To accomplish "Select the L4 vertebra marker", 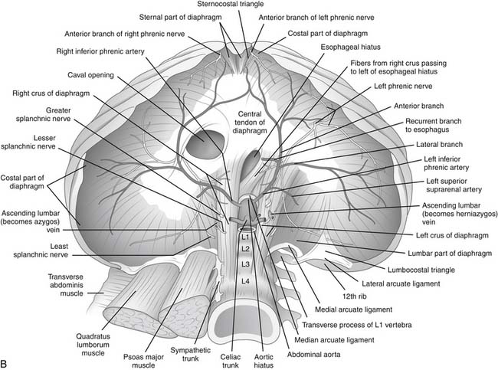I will (x=246, y=281).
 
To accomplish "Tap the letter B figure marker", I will (x=7, y=360).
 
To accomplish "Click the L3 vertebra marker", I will (x=246, y=264).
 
